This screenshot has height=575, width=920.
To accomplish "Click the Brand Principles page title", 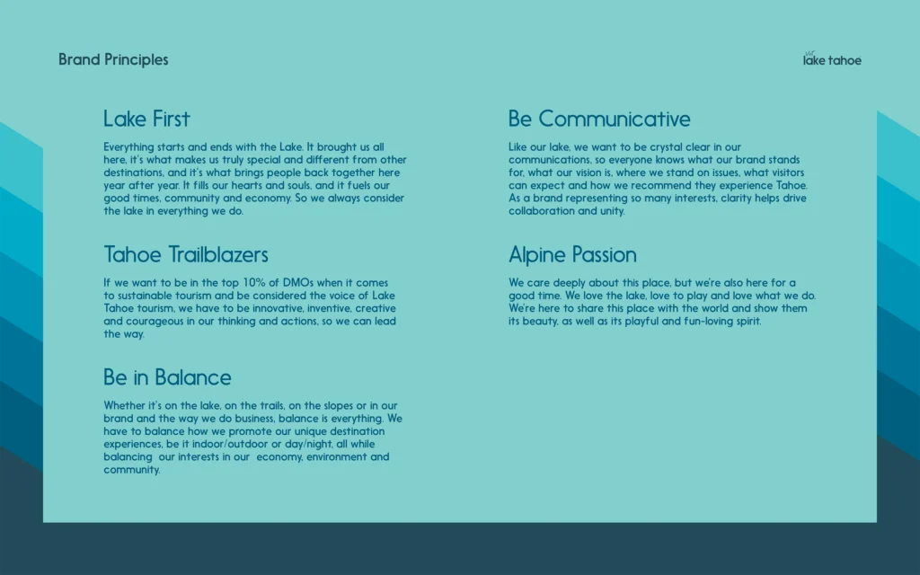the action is point(113,60).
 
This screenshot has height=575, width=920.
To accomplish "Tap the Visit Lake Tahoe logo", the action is point(832,58).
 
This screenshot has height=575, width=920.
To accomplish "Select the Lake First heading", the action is point(146,119).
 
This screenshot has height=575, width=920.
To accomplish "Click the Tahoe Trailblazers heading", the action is point(186,254).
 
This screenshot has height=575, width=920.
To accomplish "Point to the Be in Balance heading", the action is point(167,377).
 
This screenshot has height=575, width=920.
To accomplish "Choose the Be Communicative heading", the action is point(599,119).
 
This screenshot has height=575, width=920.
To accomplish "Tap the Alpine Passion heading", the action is point(572,255).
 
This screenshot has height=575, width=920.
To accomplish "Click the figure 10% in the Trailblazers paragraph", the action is point(254,283).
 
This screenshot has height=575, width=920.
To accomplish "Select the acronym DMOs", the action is point(298,283).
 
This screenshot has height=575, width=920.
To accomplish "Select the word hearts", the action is point(246,185).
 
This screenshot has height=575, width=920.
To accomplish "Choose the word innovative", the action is point(281,309).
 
